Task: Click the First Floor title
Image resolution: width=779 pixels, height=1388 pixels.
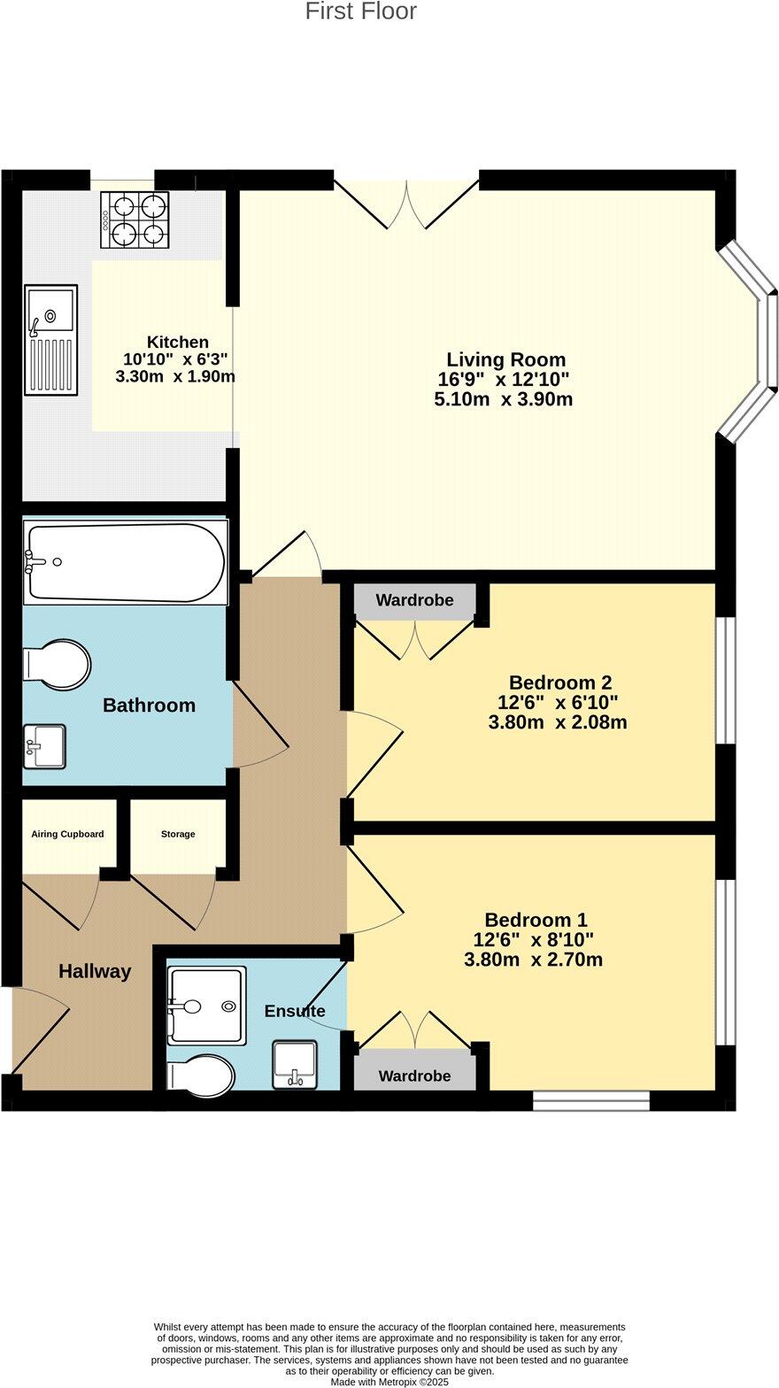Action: pyautogui.click(x=360, y=12)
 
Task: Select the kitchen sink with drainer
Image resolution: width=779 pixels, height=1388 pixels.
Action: pyautogui.click(x=51, y=339)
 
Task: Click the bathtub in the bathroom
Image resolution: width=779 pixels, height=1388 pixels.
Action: pyautogui.click(x=125, y=562)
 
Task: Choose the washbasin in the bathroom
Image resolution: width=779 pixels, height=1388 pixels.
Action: pyautogui.click(x=44, y=746)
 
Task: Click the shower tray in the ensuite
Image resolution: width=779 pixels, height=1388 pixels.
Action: pyautogui.click(x=206, y=1006)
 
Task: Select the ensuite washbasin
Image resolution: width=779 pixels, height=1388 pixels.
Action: pyautogui.click(x=295, y=1064)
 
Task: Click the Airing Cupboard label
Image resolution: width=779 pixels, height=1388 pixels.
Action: pyautogui.click(x=67, y=834)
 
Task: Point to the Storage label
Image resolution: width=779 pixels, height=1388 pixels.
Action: pyautogui.click(x=178, y=834)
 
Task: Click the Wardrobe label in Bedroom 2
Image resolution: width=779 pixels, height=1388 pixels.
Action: pyautogui.click(x=414, y=600)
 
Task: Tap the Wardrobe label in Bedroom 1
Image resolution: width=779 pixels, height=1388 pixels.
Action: pyautogui.click(x=414, y=1076)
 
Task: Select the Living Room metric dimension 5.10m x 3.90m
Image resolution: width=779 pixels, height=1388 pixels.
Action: pyautogui.click(x=503, y=399)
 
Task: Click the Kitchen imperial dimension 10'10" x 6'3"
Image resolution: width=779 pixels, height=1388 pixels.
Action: pyautogui.click(x=176, y=359)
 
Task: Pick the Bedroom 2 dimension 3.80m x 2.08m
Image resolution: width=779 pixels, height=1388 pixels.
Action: pyautogui.click(x=558, y=722)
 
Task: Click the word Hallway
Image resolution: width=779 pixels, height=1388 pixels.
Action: pyautogui.click(x=95, y=971)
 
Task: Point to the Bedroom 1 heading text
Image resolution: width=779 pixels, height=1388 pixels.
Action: pyautogui.click(x=536, y=920)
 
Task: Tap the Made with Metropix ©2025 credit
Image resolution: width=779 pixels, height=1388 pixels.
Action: pyautogui.click(x=389, y=1381)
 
